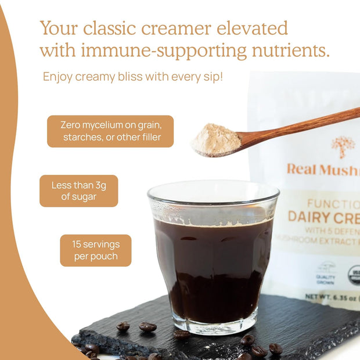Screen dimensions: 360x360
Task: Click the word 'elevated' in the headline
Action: [x=251, y=28]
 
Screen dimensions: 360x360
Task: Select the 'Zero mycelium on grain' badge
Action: [x=110, y=131]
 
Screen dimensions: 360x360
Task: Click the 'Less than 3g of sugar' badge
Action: [x=78, y=190]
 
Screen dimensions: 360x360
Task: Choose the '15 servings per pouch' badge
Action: [x=95, y=250]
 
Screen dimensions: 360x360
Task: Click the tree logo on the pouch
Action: [x=343, y=146]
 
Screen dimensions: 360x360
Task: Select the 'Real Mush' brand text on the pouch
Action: [x=323, y=169]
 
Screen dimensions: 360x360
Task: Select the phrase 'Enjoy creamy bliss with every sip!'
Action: [x=132, y=77]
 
